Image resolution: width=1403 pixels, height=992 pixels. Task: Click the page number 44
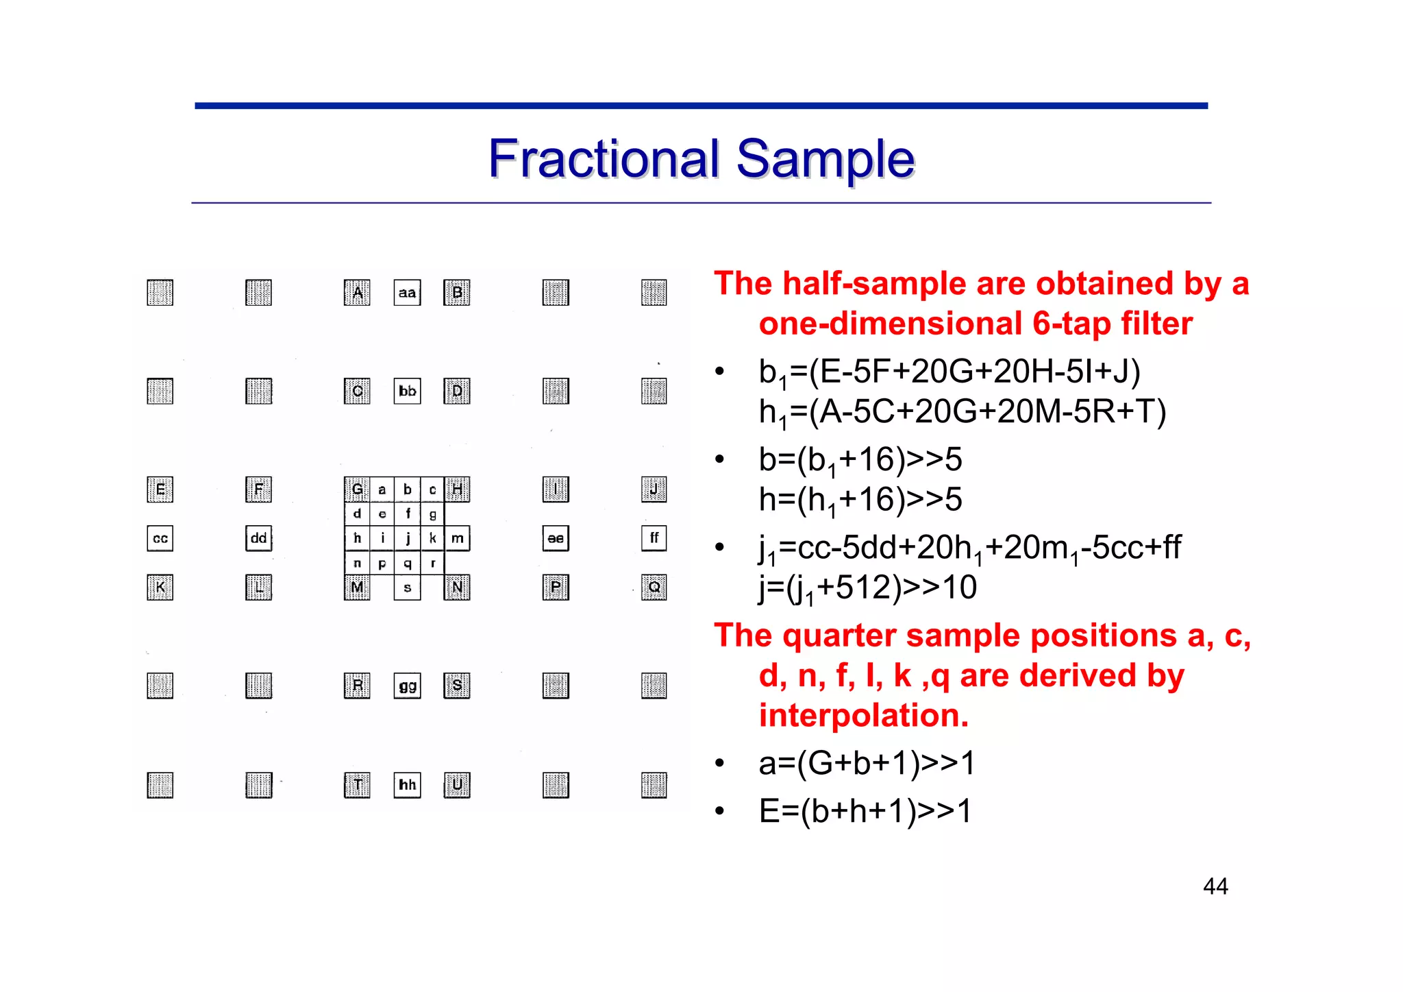[1215, 886]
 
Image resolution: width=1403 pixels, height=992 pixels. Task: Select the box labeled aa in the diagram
[407, 293]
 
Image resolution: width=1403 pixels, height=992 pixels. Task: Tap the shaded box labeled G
[357, 489]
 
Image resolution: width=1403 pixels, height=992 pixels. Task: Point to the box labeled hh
[407, 784]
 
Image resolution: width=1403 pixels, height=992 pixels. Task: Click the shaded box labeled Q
[654, 587]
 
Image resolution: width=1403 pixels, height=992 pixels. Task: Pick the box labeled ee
[555, 538]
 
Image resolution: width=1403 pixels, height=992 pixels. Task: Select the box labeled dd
[258, 538]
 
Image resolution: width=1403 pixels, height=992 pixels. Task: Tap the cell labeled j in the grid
[408, 538]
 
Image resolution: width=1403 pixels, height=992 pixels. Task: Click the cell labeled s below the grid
[407, 588]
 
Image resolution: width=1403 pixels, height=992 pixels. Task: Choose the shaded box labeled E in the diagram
[160, 489]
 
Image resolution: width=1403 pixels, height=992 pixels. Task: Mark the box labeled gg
[407, 686]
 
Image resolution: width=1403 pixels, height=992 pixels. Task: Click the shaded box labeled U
[457, 784]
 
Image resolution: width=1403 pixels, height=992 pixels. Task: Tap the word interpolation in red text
[863, 716]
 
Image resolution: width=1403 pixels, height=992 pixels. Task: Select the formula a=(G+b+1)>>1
[867, 763]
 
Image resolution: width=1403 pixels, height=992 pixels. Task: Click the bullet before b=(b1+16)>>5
[719, 459]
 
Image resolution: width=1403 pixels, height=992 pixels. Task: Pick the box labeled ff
[654, 538]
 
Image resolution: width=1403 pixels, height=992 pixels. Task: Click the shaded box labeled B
[457, 293]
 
